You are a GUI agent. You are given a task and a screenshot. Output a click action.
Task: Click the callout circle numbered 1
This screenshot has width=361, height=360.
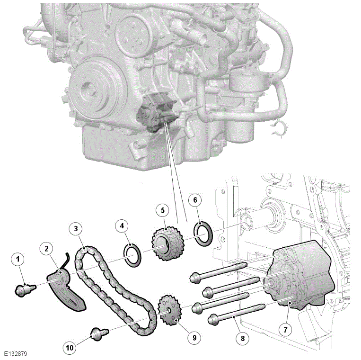[18, 259]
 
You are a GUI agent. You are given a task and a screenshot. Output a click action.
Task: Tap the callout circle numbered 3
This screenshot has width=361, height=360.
[76, 229]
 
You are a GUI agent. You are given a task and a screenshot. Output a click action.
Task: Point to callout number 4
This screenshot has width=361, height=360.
[122, 226]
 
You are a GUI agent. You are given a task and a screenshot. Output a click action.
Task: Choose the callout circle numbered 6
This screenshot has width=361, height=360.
[195, 200]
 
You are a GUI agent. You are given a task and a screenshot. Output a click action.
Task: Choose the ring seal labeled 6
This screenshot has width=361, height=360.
[205, 233]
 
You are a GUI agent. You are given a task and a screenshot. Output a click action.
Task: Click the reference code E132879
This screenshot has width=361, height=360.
[17, 353]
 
